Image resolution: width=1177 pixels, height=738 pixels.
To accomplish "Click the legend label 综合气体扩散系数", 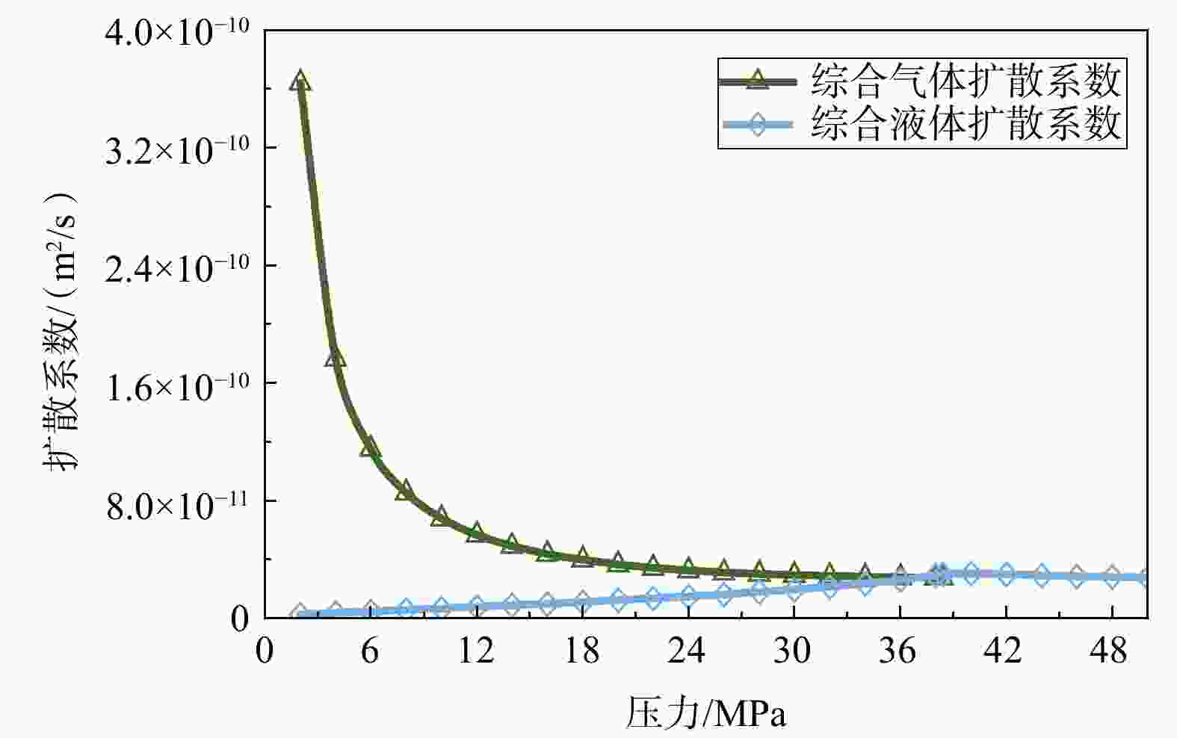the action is [x=966, y=81].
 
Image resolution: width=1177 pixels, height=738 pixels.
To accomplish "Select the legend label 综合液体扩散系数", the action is [x=966, y=124].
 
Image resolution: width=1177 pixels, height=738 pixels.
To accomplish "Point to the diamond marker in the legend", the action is [x=757, y=125].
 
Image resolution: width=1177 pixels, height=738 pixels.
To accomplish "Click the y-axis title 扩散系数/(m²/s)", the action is [x=61, y=332].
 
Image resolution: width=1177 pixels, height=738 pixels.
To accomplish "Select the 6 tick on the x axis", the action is [x=370, y=651].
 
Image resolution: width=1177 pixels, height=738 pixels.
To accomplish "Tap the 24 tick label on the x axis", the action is [x=688, y=651].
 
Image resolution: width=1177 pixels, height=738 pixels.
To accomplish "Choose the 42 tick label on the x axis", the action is [x=1004, y=651].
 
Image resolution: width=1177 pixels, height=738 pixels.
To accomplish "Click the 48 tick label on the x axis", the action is [x=1110, y=651].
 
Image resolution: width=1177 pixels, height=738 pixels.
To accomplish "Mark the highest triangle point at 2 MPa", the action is [x=300, y=81].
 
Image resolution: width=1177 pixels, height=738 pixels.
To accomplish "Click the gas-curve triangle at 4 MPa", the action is [x=336, y=356].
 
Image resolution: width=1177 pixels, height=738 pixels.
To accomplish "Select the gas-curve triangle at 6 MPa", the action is [x=371, y=446].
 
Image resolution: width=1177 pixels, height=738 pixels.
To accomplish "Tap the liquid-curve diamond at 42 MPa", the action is [x=1006, y=574].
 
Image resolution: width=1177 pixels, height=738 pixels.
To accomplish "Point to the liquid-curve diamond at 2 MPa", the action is [x=300, y=613].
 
